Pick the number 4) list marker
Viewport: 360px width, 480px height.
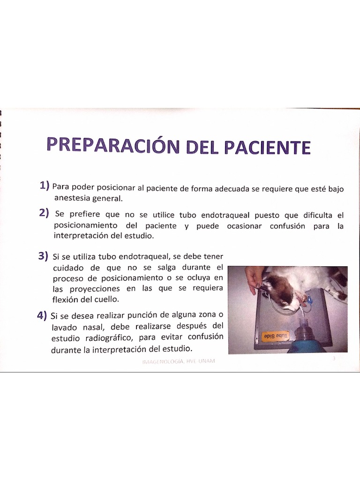pos(42,315)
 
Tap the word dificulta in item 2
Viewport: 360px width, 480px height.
pos(318,215)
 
